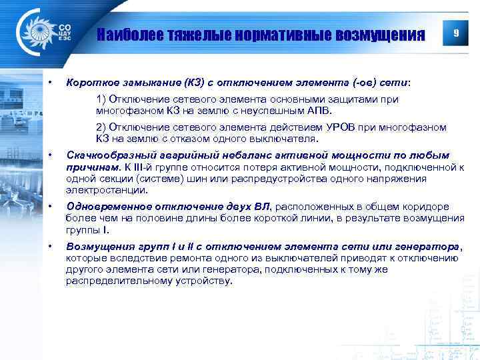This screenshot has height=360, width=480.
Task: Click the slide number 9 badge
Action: coord(455,33)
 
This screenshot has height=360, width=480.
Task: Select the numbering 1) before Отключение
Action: coord(101,99)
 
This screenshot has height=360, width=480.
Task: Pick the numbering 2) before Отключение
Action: coord(101,127)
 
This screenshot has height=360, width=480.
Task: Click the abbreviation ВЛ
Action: coord(264,207)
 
